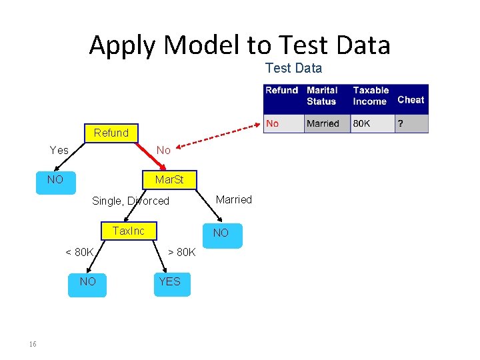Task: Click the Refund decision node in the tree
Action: pos(111,133)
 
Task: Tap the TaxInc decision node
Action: pos(128,231)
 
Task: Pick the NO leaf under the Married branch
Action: pos(221,233)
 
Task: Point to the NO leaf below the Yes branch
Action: pos(55,180)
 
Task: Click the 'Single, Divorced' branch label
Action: pos(131,201)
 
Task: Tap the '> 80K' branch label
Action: pos(181,252)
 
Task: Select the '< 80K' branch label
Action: pos(79,252)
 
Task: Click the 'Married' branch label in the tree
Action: pos(234,199)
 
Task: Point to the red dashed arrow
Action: pos(213,136)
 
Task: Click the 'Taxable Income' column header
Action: pos(371,95)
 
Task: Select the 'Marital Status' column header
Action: pos(323,95)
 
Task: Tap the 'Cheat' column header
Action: pos(411,99)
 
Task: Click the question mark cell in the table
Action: pos(401,123)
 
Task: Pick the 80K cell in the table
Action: pos(362,123)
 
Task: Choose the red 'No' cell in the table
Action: pos(273,123)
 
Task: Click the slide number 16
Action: pos(33,344)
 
